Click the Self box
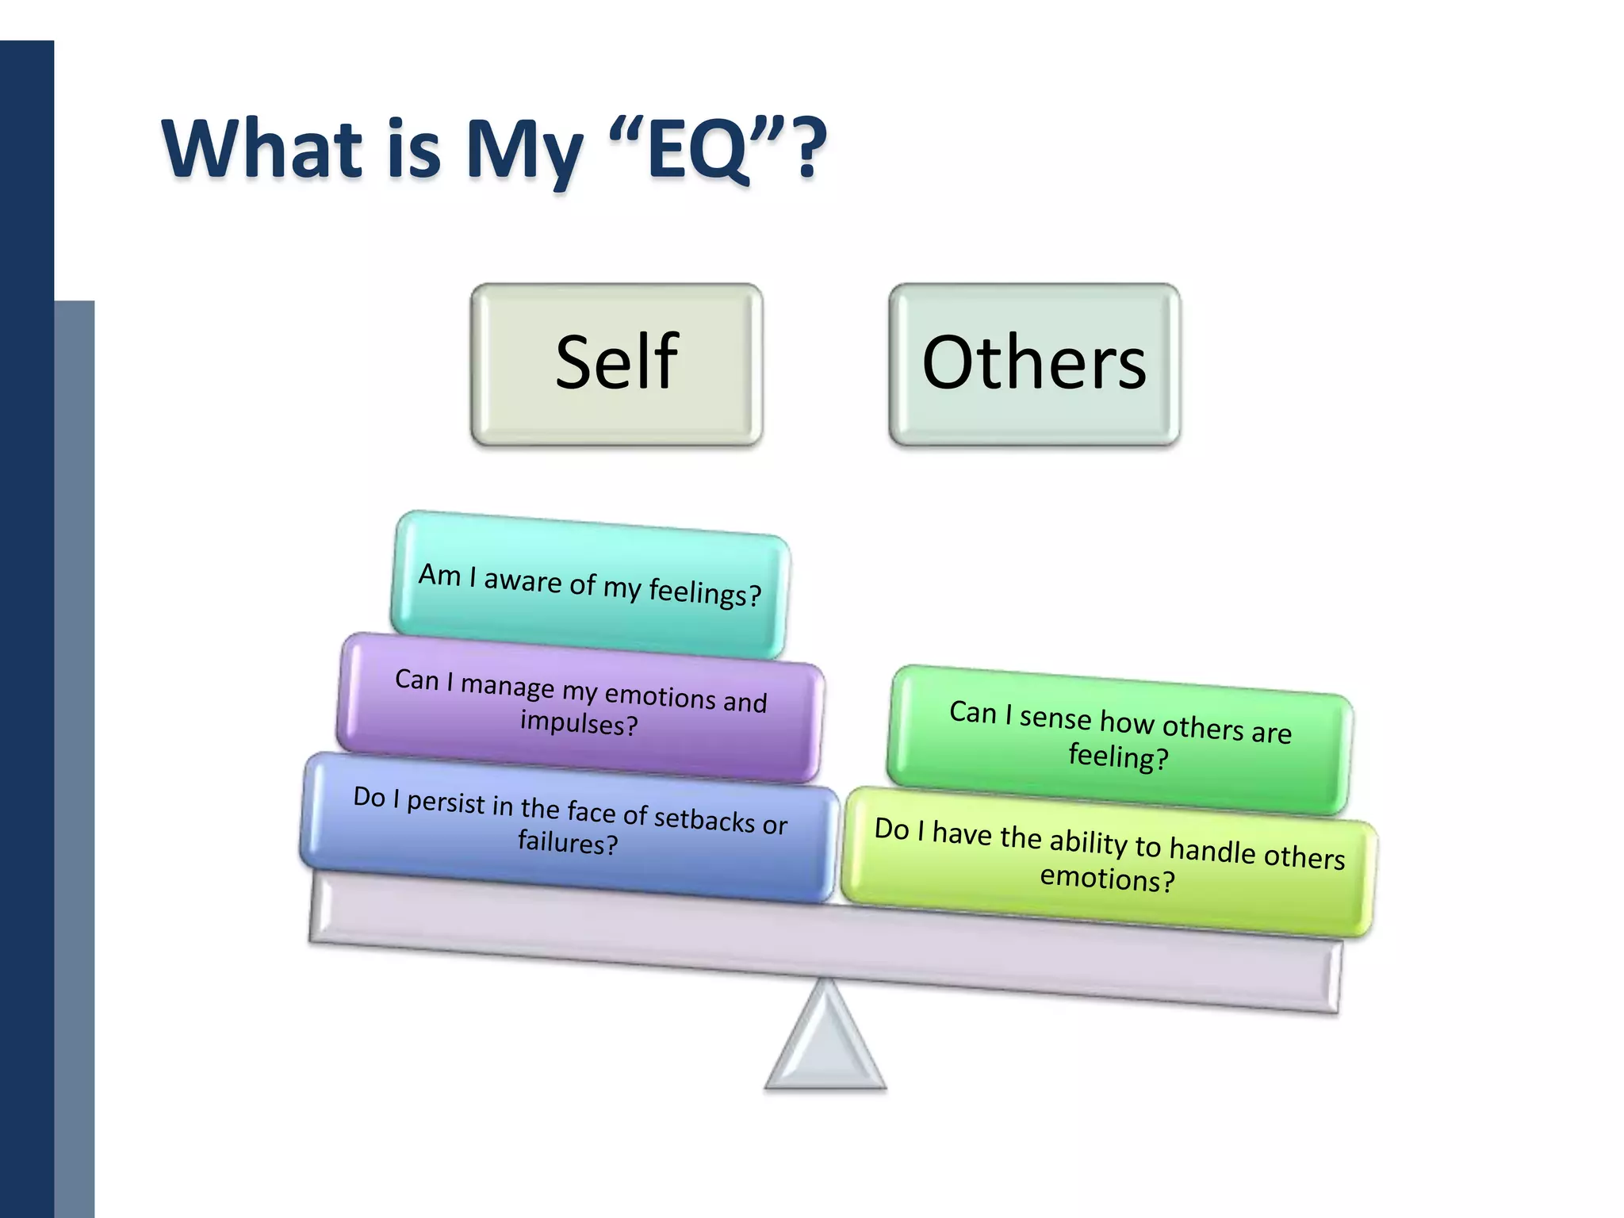point(616,364)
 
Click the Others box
point(1034,364)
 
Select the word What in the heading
point(262,149)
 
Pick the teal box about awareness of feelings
point(590,584)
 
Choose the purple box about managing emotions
point(580,706)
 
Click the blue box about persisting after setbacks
point(569,825)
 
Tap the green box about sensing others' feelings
point(1120,737)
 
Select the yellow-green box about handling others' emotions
point(1109,860)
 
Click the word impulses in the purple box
point(579,723)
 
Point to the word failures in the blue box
point(568,842)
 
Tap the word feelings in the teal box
point(704,592)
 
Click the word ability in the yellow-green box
point(1090,842)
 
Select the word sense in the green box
point(1055,718)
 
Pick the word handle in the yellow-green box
point(1213,850)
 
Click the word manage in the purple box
point(507,685)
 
